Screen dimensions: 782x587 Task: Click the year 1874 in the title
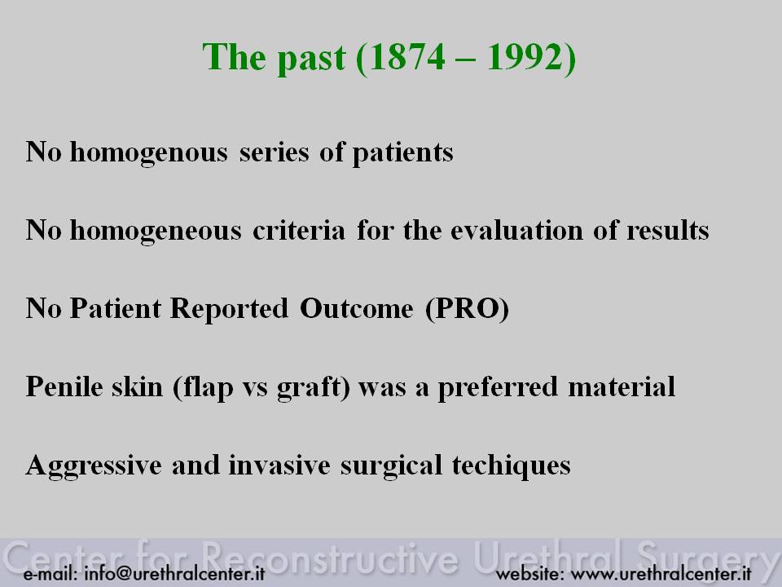tap(406, 57)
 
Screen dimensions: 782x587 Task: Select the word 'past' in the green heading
tap(311, 59)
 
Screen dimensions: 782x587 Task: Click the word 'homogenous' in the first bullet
tap(148, 152)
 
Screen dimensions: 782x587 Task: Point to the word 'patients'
tap(403, 152)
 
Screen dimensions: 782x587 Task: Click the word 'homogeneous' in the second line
tap(156, 231)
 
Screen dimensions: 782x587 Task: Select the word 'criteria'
tap(299, 230)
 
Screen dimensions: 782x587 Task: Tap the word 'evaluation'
tap(516, 230)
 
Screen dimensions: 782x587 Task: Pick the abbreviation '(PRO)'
tap(468, 308)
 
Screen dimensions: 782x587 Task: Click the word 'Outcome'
tap(357, 308)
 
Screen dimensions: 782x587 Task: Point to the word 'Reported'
tap(230, 309)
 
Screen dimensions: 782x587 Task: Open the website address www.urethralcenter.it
tap(661, 573)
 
